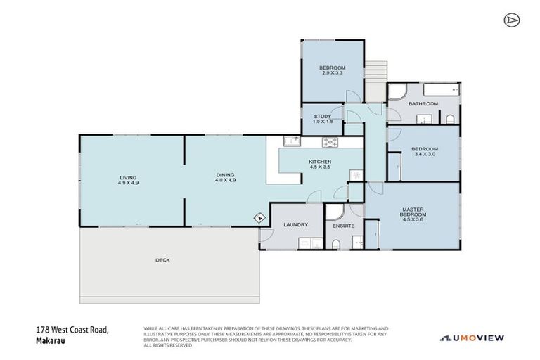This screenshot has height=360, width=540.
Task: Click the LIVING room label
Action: [127, 177]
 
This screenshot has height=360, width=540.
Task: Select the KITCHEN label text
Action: [320, 162]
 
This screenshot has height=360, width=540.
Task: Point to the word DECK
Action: [162, 260]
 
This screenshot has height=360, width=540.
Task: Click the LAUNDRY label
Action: [295, 225]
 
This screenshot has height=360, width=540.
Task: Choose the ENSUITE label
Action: [344, 226]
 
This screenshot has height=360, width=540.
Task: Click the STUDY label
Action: [323, 117]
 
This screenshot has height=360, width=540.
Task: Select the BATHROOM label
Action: [423, 103]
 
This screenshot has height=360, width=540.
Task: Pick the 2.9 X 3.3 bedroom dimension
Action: [332, 72]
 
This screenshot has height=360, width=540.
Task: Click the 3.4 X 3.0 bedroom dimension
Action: [424, 153]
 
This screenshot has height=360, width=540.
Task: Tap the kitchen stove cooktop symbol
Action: [330, 142]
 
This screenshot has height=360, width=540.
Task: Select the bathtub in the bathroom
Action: [436, 89]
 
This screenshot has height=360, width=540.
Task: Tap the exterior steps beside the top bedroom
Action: [375, 71]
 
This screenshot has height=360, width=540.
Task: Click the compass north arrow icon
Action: [511, 20]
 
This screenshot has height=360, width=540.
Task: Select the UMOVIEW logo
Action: [472, 338]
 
